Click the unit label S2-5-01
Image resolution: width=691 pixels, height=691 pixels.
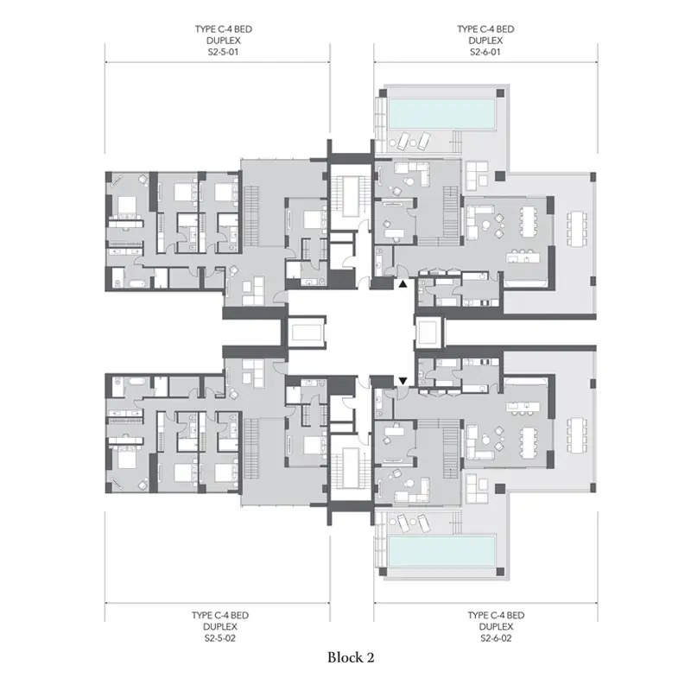coord(223,52)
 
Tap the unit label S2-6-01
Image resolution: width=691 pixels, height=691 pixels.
coord(485,52)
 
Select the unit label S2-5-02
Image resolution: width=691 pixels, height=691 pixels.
coord(220,637)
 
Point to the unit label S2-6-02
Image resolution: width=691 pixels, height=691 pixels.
coord(496,637)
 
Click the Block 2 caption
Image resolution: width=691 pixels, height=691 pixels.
coord(351,657)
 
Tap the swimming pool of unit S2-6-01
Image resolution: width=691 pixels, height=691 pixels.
coord(441,113)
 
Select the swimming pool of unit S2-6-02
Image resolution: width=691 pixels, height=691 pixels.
coord(441,551)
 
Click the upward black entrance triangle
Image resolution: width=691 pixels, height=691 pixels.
coord(403,284)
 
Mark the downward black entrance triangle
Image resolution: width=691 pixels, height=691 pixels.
coord(403,380)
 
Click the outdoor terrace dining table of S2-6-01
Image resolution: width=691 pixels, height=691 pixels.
coord(578,230)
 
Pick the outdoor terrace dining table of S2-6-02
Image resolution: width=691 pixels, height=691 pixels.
coord(578,435)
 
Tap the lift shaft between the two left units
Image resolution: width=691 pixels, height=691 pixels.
coord(307,333)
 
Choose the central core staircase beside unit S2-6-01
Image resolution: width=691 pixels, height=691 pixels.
coord(351,197)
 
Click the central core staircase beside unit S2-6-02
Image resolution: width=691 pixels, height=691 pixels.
coord(351,467)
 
